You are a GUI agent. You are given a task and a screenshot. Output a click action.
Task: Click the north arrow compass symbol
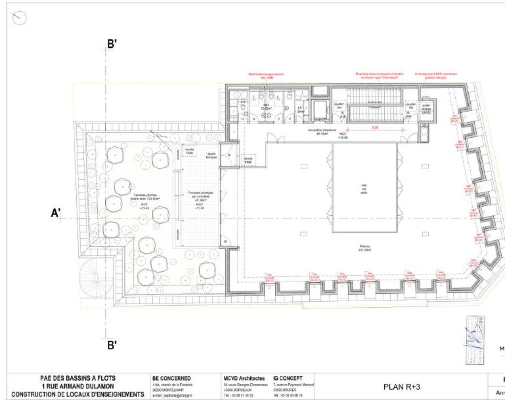tap(19, 18)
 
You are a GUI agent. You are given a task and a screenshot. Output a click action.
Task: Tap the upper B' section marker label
tap(112, 44)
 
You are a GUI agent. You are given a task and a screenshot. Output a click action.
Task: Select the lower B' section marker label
tap(112, 345)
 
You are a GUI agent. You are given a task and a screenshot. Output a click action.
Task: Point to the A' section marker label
tap(56, 213)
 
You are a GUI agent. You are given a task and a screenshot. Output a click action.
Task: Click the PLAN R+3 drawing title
tap(402, 387)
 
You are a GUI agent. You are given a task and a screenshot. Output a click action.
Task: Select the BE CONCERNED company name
tap(171, 379)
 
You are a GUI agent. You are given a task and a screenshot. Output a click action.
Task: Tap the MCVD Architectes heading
tap(244, 379)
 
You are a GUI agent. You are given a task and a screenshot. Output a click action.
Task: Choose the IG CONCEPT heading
tap(288, 379)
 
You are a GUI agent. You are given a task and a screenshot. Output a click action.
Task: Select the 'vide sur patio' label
tap(364, 189)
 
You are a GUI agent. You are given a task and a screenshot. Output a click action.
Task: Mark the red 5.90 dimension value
tap(375, 128)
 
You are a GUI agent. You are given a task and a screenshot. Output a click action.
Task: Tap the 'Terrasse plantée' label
tap(145, 197)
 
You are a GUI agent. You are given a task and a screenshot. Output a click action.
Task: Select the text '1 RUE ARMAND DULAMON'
tap(78, 386)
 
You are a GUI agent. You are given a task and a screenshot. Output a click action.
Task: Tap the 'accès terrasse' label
tap(211, 155)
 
